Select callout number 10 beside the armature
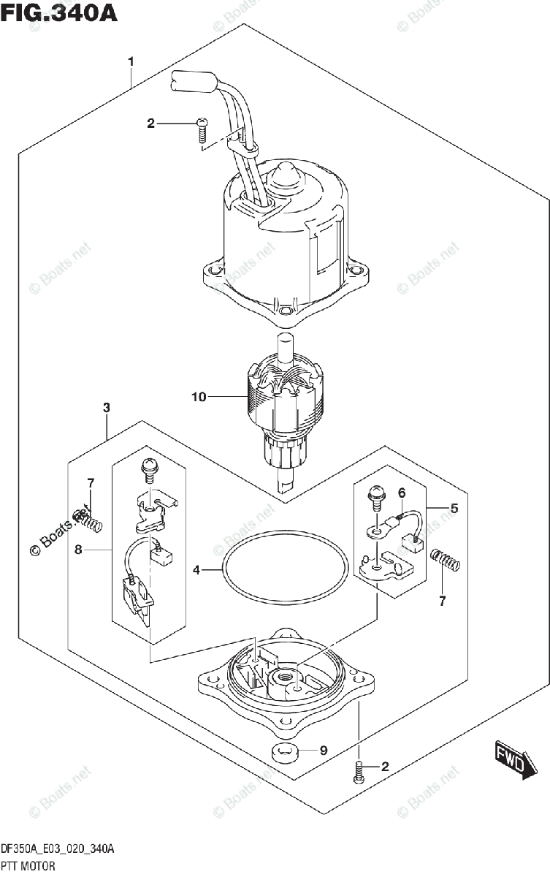(199, 397)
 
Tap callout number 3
(107, 408)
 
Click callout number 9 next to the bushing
(324, 750)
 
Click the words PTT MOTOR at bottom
(28, 866)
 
